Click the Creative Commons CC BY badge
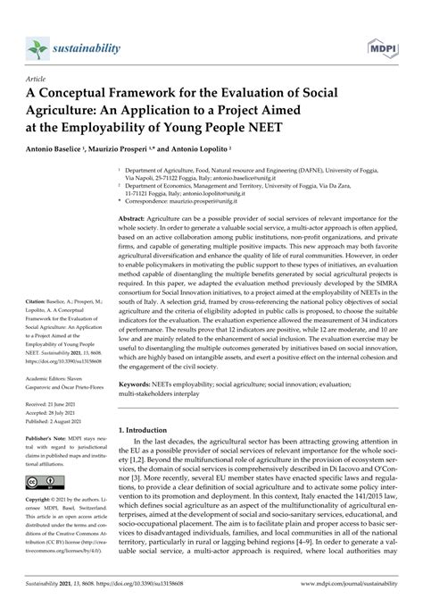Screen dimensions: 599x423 click(46, 506)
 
